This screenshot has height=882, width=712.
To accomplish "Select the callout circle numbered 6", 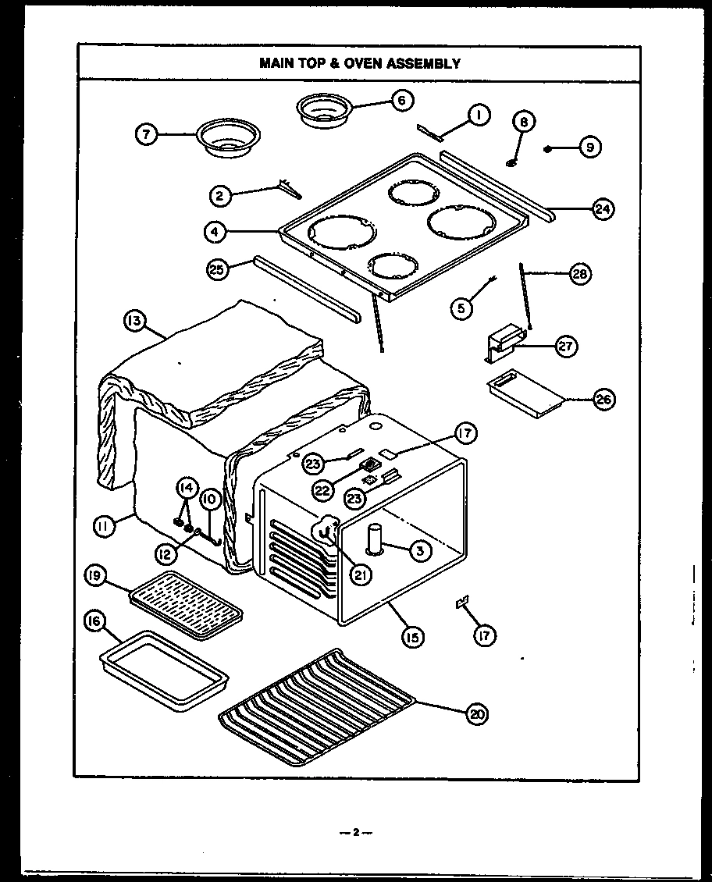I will pyautogui.click(x=403, y=100).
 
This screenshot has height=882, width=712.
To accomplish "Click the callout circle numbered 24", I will pyautogui.click(x=602, y=208).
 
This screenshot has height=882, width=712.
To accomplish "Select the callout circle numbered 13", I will pyautogui.click(x=134, y=320).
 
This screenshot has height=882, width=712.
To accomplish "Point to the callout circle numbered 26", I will pyautogui.click(x=603, y=400).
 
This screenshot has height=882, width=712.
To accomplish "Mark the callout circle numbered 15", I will pyautogui.click(x=412, y=637).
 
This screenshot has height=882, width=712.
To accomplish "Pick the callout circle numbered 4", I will pyautogui.click(x=216, y=231).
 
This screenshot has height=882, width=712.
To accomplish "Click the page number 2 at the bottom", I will pyautogui.click(x=355, y=832).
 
